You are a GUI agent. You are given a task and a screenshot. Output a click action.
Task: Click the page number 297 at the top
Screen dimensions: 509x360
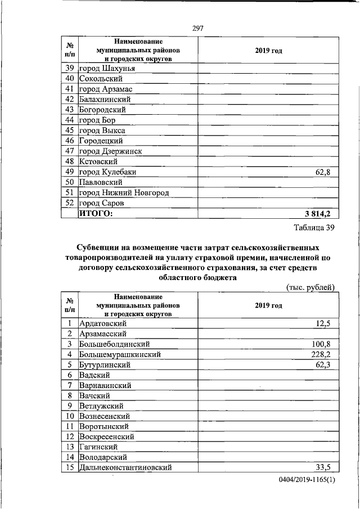[198, 28]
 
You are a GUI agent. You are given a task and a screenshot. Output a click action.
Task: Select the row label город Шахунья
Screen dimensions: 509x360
[106, 69]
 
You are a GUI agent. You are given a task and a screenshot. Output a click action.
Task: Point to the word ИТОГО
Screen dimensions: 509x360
[96, 213]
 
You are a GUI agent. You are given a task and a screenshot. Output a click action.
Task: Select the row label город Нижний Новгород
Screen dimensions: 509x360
[124, 192]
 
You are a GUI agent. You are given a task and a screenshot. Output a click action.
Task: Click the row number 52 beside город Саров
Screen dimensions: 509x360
[70, 202]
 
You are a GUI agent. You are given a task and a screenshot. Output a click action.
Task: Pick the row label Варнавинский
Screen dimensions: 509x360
[105, 385]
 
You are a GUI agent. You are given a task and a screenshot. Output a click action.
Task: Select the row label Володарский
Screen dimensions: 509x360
[103, 457]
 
